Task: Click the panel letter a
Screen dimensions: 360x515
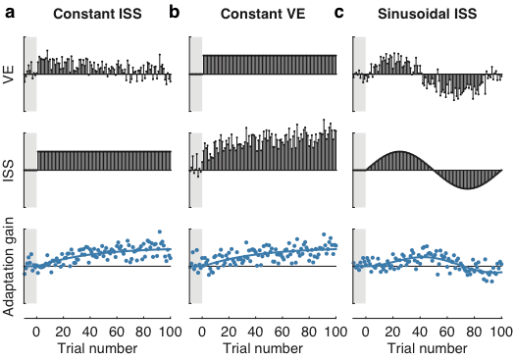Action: [10, 13]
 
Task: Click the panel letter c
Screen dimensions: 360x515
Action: [339, 13]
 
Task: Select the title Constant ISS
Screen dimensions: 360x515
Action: [96, 14]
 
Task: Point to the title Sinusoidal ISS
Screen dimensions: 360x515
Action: [429, 14]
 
